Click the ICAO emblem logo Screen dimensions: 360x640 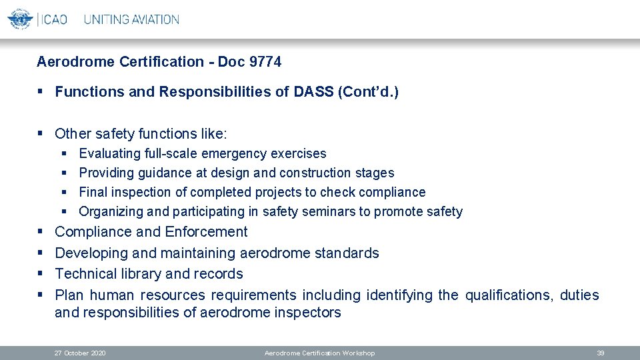pyautogui.click(x=20, y=18)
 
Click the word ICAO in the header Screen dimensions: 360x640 pyautogui.click(x=54, y=19)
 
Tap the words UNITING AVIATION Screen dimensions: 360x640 pyautogui.click(x=131, y=19)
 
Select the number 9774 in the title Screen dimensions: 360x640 pyautogui.click(x=265, y=62)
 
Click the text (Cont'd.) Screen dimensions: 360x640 pyautogui.click(x=369, y=92)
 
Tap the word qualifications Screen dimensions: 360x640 pyautogui.click(x=509, y=295)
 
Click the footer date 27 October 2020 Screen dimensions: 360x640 pyautogui.click(x=80, y=353)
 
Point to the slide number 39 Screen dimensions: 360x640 pyautogui.click(x=600, y=353)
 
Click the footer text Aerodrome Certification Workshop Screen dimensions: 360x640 pyautogui.click(x=319, y=353)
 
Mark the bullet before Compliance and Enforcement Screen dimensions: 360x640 pyautogui.click(x=41, y=232)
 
